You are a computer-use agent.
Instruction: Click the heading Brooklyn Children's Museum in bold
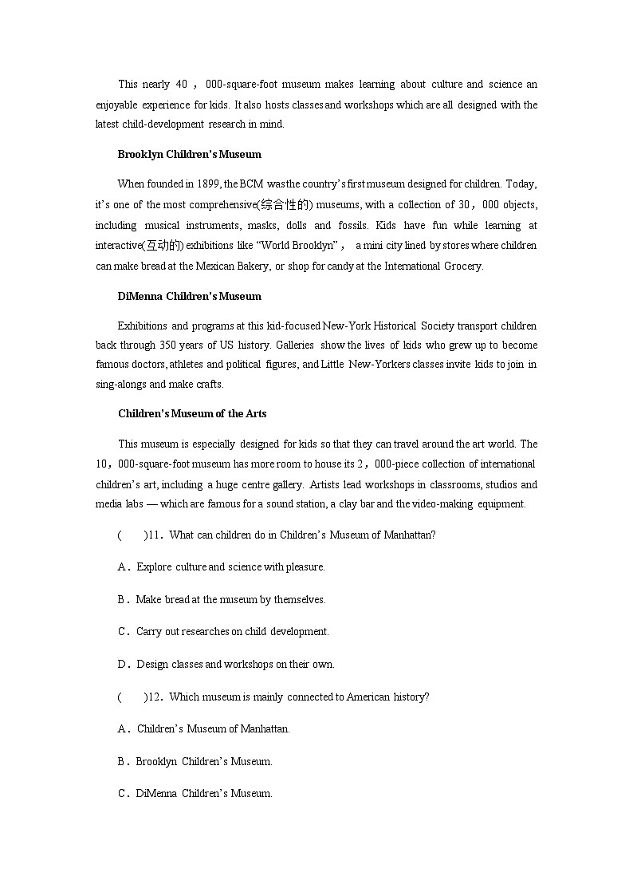[189, 154]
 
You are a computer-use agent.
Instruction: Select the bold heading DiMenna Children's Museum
[189, 296]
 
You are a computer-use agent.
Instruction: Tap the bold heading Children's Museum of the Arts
[192, 413]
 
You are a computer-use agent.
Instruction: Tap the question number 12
[155, 697]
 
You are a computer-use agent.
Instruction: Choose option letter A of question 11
[123, 566]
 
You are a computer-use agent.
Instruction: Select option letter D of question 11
[123, 664]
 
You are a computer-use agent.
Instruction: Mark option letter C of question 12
[123, 793]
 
